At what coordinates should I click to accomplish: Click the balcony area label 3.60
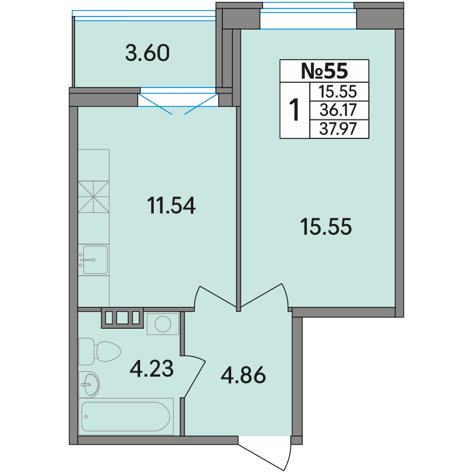pos(147,53)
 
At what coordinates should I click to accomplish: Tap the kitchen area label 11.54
pos(171,205)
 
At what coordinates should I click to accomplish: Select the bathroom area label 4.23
pos(151,368)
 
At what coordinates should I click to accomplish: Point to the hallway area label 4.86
pos(243,375)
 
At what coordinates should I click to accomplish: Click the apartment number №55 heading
pos(324,70)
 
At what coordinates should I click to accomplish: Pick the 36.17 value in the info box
pos(338,110)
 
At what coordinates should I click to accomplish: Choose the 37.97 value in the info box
pos(338,129)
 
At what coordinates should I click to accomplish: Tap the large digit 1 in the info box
pos(294,110)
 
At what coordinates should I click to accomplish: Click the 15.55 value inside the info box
pos(338,92)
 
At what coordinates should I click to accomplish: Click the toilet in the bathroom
pos(99,351)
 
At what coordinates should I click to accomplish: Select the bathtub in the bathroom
pos(126,417)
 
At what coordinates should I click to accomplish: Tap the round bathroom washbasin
pos(90,384)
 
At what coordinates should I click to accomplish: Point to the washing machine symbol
pos(163,324)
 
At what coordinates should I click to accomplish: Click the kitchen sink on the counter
pos(93,260)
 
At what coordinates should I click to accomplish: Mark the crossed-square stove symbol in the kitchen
pos(93,197)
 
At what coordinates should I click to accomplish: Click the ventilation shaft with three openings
pos(122,318)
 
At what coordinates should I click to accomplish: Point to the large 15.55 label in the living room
pos(326,226)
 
